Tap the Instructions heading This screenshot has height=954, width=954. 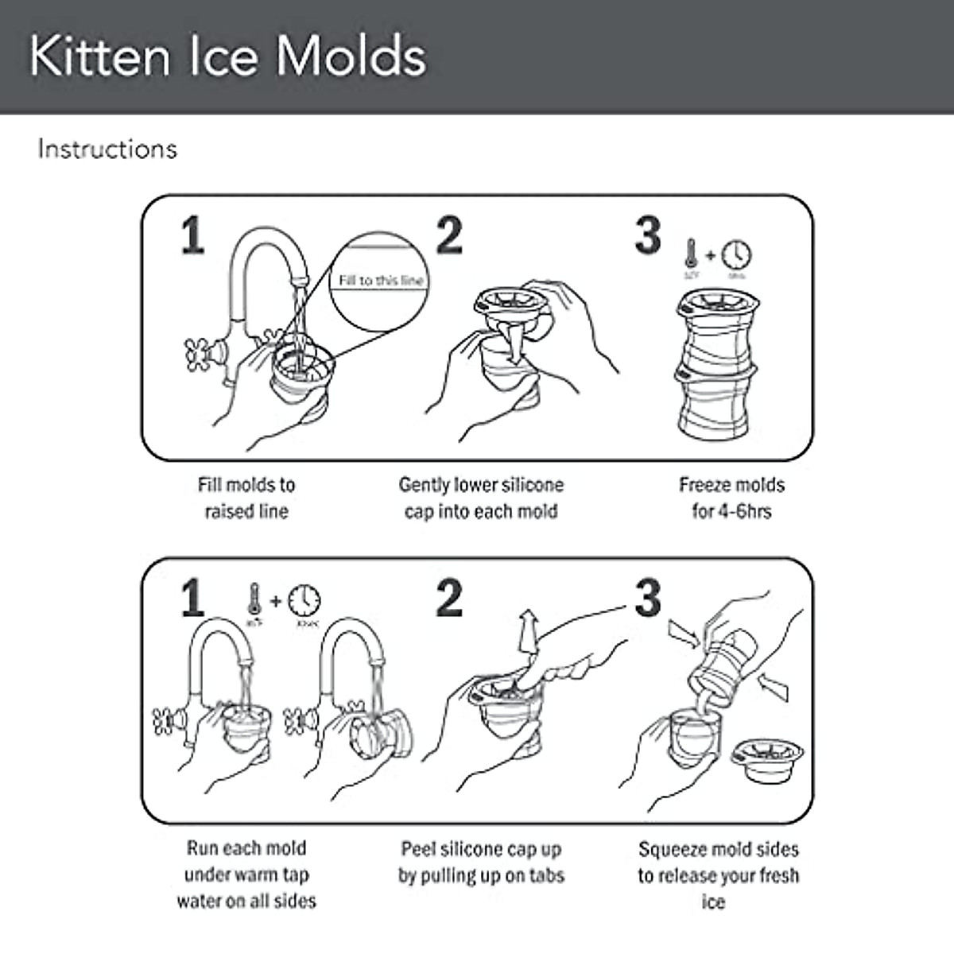(107, 149)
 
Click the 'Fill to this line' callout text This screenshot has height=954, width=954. (381, 280)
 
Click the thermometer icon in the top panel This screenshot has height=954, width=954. (690, 254)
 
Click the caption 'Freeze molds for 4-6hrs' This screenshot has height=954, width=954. (731, 498)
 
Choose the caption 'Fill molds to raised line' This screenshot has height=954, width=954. (246, 498)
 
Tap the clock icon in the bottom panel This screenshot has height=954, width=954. (304, 599)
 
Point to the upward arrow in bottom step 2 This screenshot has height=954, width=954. (526, 632)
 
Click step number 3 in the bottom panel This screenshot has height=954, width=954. (648, 598)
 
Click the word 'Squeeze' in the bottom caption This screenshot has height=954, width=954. (673, 849)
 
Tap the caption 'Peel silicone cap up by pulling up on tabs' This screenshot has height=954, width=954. (481, 862)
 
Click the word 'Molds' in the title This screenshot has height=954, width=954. (351, 56)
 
